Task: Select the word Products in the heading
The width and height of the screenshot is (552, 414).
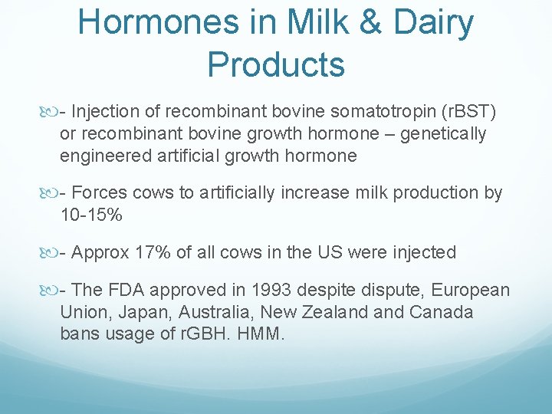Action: click(276, 65)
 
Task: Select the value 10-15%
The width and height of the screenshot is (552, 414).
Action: click(90, 215)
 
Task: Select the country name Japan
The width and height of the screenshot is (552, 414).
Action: click(137, 312)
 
